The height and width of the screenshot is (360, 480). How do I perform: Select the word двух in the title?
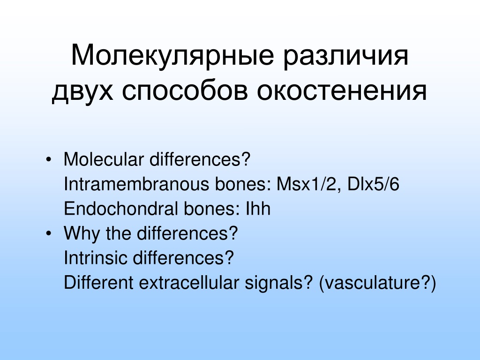[82, 91]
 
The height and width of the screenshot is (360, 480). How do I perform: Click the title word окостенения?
[342, 91]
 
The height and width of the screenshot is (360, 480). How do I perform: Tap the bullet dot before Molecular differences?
[48, 159]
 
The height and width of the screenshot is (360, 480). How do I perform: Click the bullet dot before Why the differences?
[48, 233]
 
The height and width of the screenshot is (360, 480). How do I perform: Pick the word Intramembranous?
[136, 184]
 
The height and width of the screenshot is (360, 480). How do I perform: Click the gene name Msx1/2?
[307, 184]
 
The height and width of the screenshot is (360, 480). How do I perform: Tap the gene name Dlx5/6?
[373, 184]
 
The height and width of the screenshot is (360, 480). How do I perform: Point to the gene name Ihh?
[258, 209]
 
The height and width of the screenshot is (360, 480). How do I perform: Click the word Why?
[82, 233]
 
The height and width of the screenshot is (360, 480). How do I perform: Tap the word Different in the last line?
[98, 282]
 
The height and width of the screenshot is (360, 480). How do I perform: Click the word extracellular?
[189, 282]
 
